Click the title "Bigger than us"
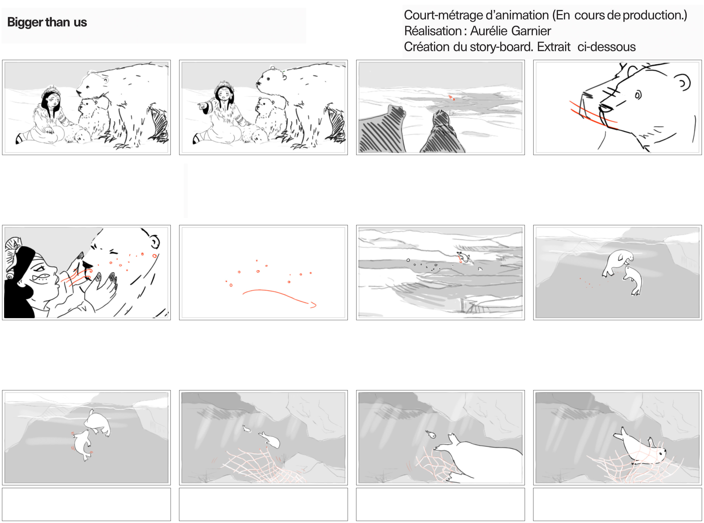click(x=47, y=22)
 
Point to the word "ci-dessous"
click(x=606, y=47)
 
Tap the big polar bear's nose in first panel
click(x=78, y=92)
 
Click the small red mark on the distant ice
click(x=451, y=97)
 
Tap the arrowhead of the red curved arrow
click(x=313, y=305)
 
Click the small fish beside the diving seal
click(x=246, y=428)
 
